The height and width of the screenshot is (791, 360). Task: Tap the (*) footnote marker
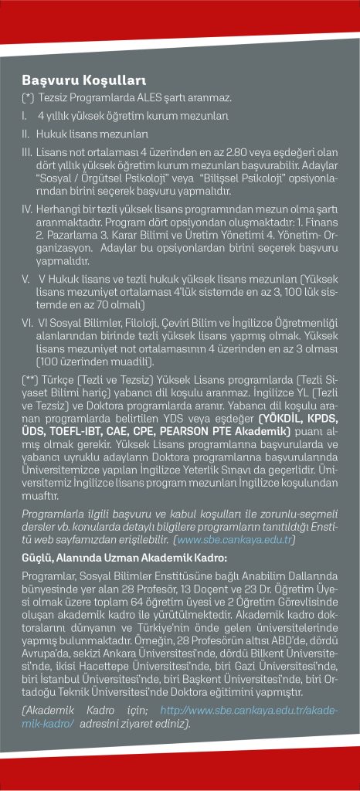[x=29, y=98]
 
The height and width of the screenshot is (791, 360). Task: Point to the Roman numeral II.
[x=25, y=134]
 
